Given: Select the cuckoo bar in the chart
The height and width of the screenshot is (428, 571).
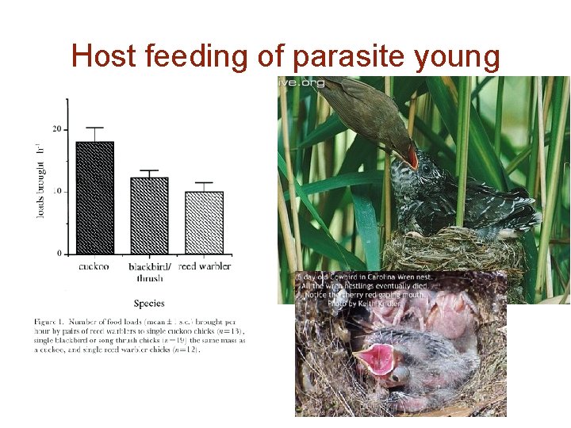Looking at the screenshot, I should coord(94,197).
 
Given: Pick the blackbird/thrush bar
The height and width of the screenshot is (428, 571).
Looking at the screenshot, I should coord(149,215).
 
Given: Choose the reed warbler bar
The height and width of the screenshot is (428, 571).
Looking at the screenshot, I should coord(204,222).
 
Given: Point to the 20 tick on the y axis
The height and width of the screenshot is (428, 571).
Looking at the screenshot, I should coord(56,128).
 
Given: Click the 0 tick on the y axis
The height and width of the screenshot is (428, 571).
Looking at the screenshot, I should coord(59,254).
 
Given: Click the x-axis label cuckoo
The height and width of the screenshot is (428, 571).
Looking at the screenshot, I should coord(94,267).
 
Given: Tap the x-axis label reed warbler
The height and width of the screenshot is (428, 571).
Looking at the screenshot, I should coord(205,267).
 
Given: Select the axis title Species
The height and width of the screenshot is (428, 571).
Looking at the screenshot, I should coord(149,303).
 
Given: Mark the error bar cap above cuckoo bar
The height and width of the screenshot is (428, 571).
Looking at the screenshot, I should coord(94,128).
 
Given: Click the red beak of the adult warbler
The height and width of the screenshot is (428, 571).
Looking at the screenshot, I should coord(411,157).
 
